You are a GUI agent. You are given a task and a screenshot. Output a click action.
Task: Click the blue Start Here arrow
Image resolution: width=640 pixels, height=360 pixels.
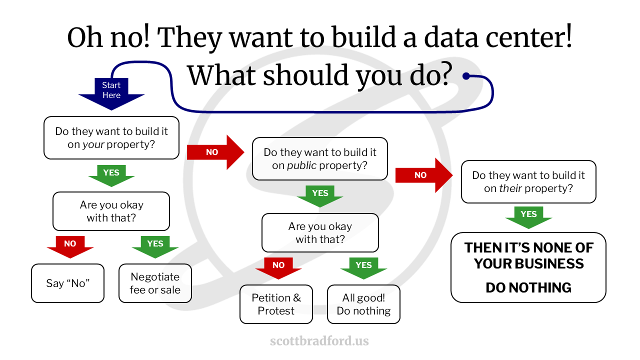pos(111,93)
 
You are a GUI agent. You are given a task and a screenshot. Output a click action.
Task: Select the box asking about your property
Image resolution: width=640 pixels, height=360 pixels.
pos(111,137)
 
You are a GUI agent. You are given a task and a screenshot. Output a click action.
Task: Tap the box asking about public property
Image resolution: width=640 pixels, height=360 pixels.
pos(320,159)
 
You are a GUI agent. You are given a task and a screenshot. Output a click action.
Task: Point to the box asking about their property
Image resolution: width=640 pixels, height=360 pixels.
pos(528,181)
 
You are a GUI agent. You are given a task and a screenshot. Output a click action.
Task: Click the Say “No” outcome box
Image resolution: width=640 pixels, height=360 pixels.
pos(67,283)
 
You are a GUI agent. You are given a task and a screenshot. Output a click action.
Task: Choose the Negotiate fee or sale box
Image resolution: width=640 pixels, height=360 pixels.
pos(155,283)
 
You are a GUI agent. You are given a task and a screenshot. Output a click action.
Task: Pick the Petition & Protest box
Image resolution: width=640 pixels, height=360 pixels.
pos(276,304)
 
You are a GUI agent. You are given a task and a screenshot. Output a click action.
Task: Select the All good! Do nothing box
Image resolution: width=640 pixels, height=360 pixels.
pos(363,304)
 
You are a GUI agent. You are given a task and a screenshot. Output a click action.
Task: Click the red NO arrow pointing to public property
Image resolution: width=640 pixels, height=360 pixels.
pos(215,152)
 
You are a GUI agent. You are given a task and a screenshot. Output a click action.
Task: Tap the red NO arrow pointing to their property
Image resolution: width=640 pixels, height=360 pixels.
pos(424,175)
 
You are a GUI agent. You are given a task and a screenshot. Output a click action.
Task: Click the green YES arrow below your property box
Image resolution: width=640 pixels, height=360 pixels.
pos(111,175)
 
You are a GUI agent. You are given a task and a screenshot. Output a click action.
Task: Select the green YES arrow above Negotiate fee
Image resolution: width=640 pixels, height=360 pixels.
pos(155,247)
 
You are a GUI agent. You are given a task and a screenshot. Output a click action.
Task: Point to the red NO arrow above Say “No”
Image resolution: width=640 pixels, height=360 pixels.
pos(70,247)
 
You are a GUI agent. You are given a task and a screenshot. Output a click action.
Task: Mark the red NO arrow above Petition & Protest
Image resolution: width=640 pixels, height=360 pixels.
pos(278,268)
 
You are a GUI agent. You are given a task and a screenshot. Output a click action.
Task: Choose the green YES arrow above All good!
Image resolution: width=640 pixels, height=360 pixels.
pos(363,268)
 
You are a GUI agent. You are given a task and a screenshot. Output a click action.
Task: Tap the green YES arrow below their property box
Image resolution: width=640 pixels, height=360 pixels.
pos(528,217)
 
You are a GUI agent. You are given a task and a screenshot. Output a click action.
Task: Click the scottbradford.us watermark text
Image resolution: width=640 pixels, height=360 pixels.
pos(319,341)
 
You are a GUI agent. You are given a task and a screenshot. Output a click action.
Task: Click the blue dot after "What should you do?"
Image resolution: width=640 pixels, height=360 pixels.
pos(466,76)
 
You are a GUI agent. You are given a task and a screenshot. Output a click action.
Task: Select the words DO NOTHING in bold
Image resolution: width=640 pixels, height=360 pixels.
pos(528,287)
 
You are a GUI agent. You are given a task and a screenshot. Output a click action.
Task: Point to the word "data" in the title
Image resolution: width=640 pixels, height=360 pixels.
pos(451,37)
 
